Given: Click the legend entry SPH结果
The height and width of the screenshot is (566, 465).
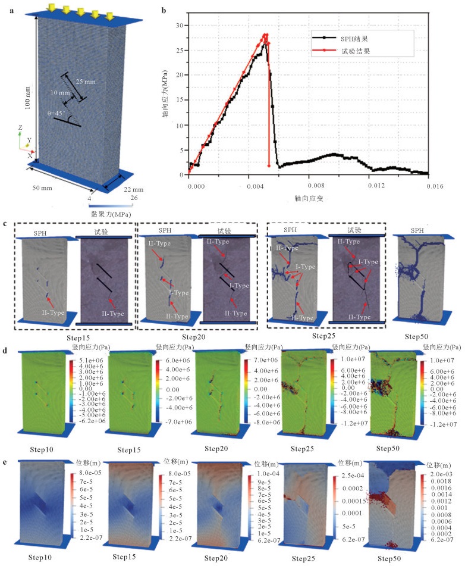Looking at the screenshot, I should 353,37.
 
